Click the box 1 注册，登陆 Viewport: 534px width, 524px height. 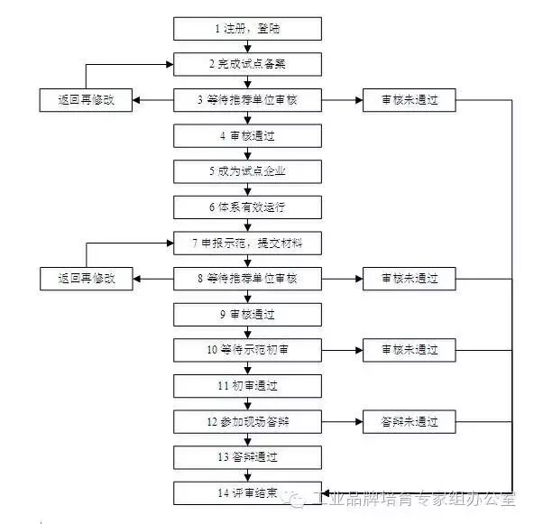click(247, 30)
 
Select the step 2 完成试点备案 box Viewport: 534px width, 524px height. click(247, 65)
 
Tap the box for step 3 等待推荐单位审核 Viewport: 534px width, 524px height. click(247, 100)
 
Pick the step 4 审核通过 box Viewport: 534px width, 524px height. click(247, 136)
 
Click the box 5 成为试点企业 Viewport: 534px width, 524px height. click(247, 171)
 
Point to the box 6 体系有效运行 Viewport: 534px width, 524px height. click(247, 207)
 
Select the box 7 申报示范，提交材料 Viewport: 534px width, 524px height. click(247, 244)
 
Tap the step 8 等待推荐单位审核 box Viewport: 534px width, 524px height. click(247, 279)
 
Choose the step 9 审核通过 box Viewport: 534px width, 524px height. click(247, 315)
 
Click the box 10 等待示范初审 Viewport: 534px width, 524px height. click(247, 350)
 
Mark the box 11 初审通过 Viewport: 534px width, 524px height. click(247, 386)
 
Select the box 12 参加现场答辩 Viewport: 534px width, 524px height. click(247, 421)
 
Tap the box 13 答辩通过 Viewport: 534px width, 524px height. click(247, 457)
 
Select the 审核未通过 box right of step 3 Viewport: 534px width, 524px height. click(409, 100)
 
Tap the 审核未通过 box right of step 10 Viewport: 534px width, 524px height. click(409, 350)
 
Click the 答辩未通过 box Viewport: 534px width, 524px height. click(409, 421)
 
